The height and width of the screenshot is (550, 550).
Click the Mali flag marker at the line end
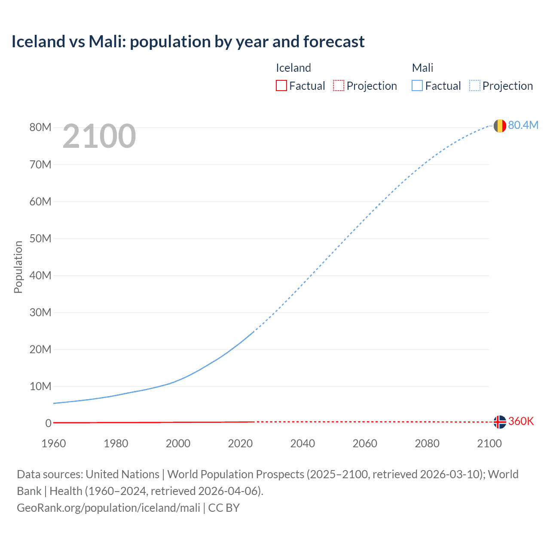[500, 126]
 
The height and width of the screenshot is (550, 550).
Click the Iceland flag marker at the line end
[500, 422]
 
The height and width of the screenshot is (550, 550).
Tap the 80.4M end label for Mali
[523, 125]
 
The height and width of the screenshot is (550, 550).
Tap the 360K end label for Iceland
[521, 421]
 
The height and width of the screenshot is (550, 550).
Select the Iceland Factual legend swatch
[281, 86]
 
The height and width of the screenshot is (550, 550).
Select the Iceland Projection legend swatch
[339, 86]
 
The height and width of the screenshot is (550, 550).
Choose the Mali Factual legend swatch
[417, 86]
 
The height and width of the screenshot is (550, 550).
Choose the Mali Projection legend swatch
[475, 86]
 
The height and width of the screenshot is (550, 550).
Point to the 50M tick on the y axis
[40, 238]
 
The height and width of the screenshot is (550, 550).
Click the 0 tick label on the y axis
[49, 423]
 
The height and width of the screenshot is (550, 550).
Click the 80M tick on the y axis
[40, 128]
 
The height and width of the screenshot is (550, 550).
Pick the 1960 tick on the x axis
[54, 443]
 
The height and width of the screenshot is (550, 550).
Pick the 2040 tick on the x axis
[302, 443]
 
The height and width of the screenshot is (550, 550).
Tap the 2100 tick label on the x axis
[489, 443]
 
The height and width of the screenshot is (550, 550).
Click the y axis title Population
[18, 267]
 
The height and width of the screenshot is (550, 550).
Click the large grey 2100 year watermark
[99, 136]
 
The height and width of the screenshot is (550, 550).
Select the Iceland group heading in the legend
[293, 68]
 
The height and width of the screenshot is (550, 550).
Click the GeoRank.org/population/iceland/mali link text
[108, 508]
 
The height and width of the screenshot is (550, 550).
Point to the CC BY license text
[224, 508]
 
